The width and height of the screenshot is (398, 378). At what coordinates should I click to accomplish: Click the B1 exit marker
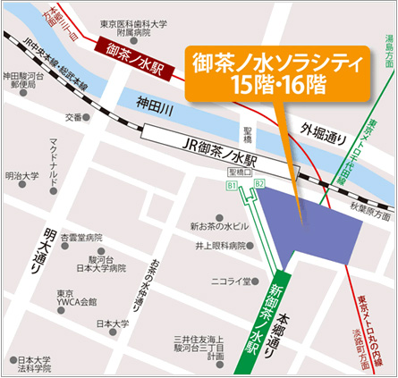(231, 186)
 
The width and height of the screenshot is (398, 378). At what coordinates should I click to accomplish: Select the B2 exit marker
(260, 186)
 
